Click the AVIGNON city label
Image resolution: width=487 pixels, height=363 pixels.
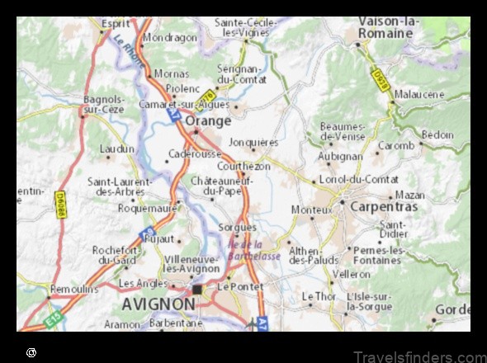(158, 304)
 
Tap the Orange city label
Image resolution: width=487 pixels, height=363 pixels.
(208, 120)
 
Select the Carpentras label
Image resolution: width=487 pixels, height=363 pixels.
(384, 206)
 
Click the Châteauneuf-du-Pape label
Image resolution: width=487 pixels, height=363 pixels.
(221, 186)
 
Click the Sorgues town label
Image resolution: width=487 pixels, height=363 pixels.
(237, 227)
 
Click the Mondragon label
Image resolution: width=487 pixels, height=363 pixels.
(170, 37)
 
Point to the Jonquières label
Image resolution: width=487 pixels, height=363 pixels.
(253, 142)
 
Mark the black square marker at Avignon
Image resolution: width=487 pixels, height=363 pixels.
(197, 290)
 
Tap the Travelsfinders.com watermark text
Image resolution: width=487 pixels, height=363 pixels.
(418, 355)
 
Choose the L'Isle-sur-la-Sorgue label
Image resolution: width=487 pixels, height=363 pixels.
(371, 301)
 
